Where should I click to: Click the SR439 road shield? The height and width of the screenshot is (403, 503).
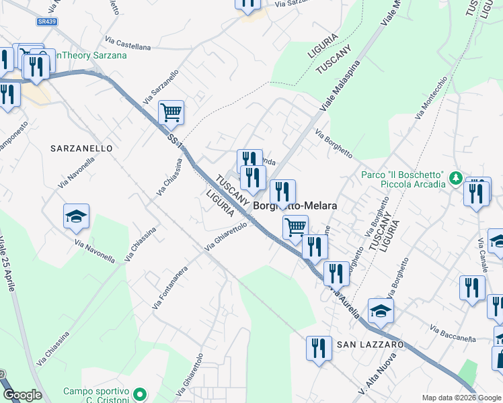click(x=46, y=21)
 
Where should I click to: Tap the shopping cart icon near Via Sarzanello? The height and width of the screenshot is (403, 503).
click(x=171, y=113)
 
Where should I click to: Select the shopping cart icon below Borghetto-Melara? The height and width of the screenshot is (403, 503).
click(x=295, y=227)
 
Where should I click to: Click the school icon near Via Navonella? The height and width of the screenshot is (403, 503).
click(x=76, y=216)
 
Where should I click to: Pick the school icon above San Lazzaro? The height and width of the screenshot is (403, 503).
click(x=380, y=310)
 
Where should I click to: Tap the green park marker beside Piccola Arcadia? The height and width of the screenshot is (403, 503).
click(x=456, y=178)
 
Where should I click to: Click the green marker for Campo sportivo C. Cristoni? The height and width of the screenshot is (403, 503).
click(x=139, y=394)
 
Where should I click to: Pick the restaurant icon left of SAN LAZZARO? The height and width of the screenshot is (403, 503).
click(x=318, y=348)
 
